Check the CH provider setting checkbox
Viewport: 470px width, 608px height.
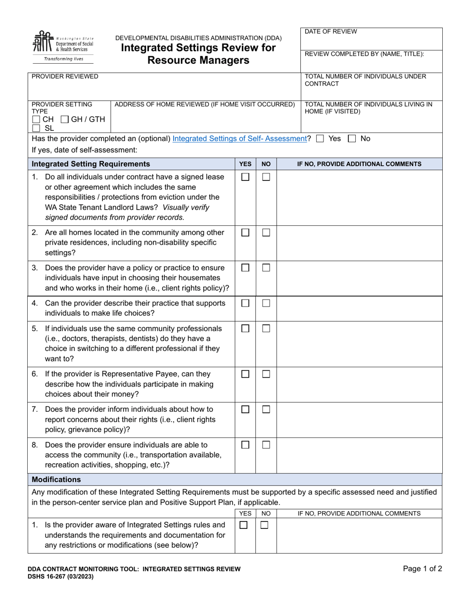click(36, 120)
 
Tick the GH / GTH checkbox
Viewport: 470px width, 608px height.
click(65, 120)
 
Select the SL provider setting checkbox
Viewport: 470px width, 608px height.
click(36, 128)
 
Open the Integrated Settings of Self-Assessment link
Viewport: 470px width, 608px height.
click(240, 139)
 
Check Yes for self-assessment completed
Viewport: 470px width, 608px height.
click(320, 139)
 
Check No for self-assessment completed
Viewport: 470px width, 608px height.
click(352, 139)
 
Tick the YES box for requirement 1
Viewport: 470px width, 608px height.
click(245, 177)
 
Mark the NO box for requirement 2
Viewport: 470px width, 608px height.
click(266, 233)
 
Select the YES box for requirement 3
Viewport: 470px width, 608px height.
click(245, 268)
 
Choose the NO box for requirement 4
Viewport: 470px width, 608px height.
click(266, 304)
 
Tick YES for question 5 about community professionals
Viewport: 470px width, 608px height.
click(245, 329)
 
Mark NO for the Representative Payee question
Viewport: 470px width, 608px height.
click(266, 374)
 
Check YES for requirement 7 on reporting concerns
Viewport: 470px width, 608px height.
click(245, 409)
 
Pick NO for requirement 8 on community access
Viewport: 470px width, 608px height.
click(266, 445)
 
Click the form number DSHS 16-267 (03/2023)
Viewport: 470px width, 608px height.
click(60, 576)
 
